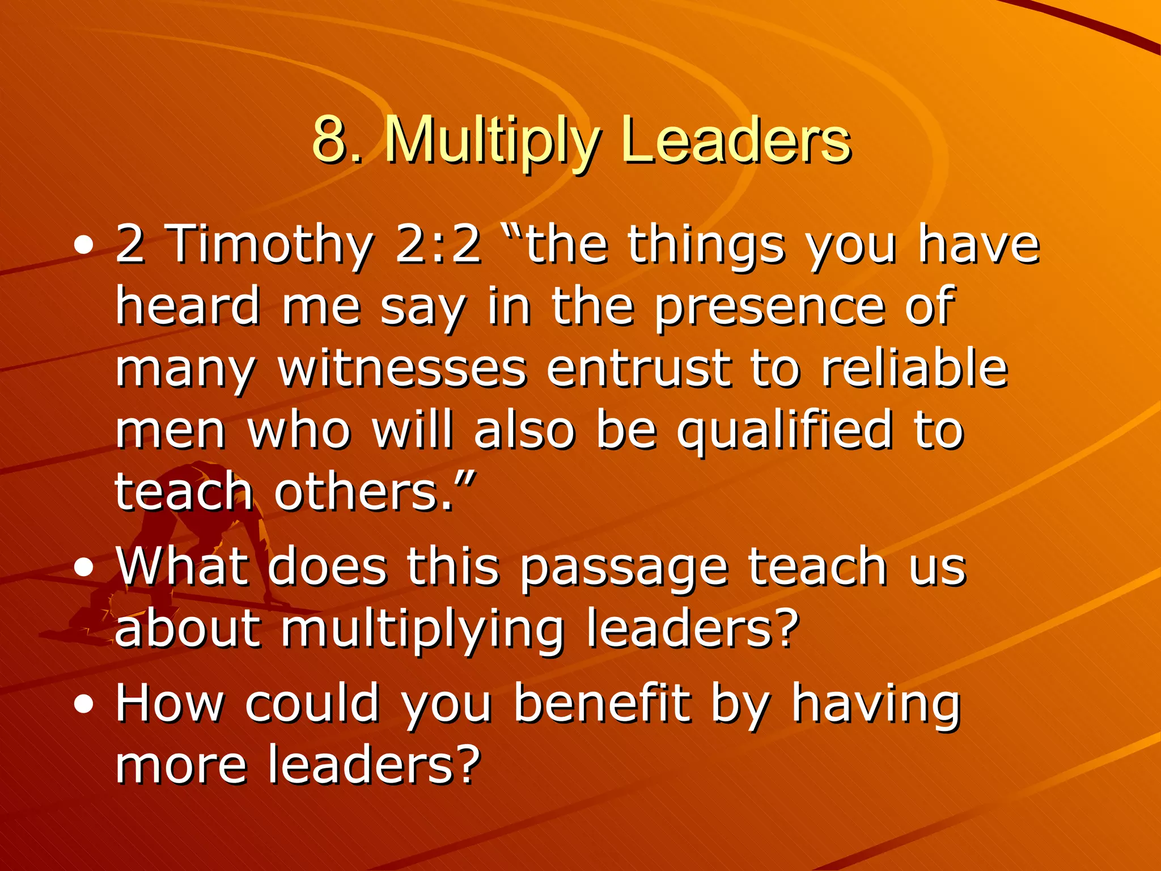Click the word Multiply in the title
click(x=491, y=142)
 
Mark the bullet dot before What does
click(x=84, y=568)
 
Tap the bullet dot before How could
click(x=84, y=705)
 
